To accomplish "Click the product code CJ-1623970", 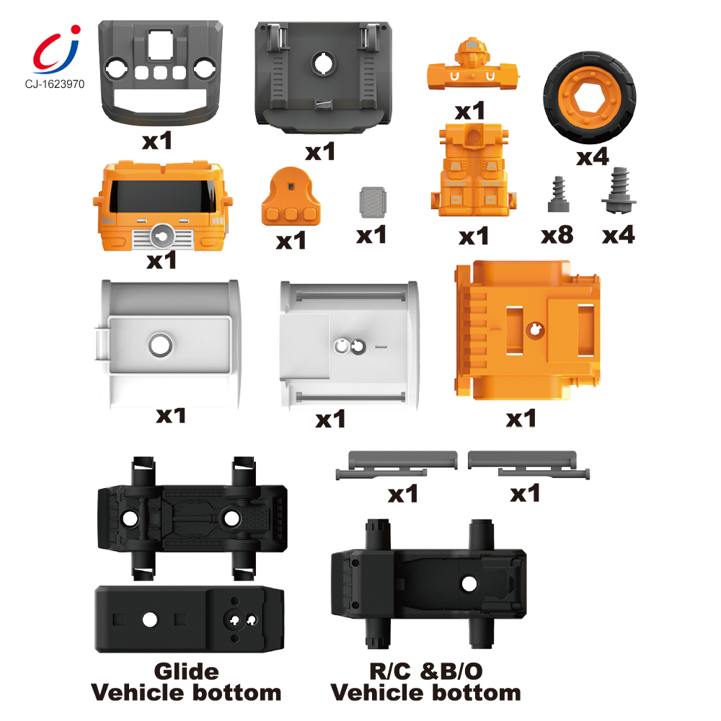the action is pos(55,84).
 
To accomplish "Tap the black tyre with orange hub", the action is pos(590,97).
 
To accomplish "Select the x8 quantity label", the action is pos(557,235).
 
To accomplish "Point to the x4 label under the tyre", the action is pos(593,156).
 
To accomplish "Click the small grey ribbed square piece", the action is pos(373,202).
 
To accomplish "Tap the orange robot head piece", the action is pos(473,64).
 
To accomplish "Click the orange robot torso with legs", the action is pos(473,169).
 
